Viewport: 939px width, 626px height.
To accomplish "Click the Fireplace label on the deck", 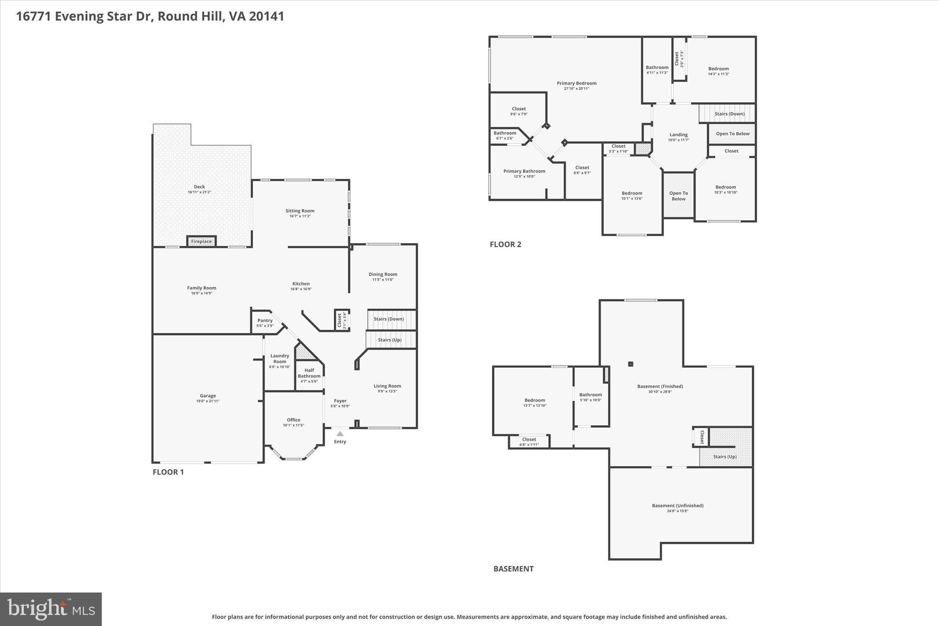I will [x=201, y=241].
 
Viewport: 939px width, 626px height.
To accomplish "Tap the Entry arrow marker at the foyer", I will [x=340, y=433].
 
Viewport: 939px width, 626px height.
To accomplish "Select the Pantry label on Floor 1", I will [x=265, y=321].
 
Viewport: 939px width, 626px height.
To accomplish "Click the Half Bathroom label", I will [x=309, y=373].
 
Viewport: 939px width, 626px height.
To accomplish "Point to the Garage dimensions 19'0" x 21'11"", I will [x=208, y=401].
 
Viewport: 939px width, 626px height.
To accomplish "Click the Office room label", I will [x=293, y=420].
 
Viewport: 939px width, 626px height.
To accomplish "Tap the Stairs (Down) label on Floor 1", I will [x=389, y=319].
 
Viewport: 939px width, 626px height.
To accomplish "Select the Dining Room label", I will [x=383, y=274].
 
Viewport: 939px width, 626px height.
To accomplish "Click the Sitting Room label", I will [x=300, y=211].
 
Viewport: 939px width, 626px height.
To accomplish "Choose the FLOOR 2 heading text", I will [x=505, y=244].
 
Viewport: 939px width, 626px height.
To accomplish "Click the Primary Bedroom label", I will [x=576, y=83].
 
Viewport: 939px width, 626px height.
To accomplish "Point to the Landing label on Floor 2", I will [x=678, y=135].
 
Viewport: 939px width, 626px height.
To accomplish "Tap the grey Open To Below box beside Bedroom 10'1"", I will [x=679, y=196].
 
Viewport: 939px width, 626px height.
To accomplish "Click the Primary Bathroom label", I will [x=524, y=171].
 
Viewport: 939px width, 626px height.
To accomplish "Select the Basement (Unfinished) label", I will [x=678, y=505].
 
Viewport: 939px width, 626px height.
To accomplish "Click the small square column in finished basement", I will [x=630, y=364].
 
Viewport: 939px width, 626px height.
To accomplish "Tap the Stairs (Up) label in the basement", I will [x=725, y=456].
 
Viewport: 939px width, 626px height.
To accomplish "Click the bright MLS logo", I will [x=51, y=609].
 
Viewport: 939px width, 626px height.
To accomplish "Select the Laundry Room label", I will [x=280, y=358].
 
